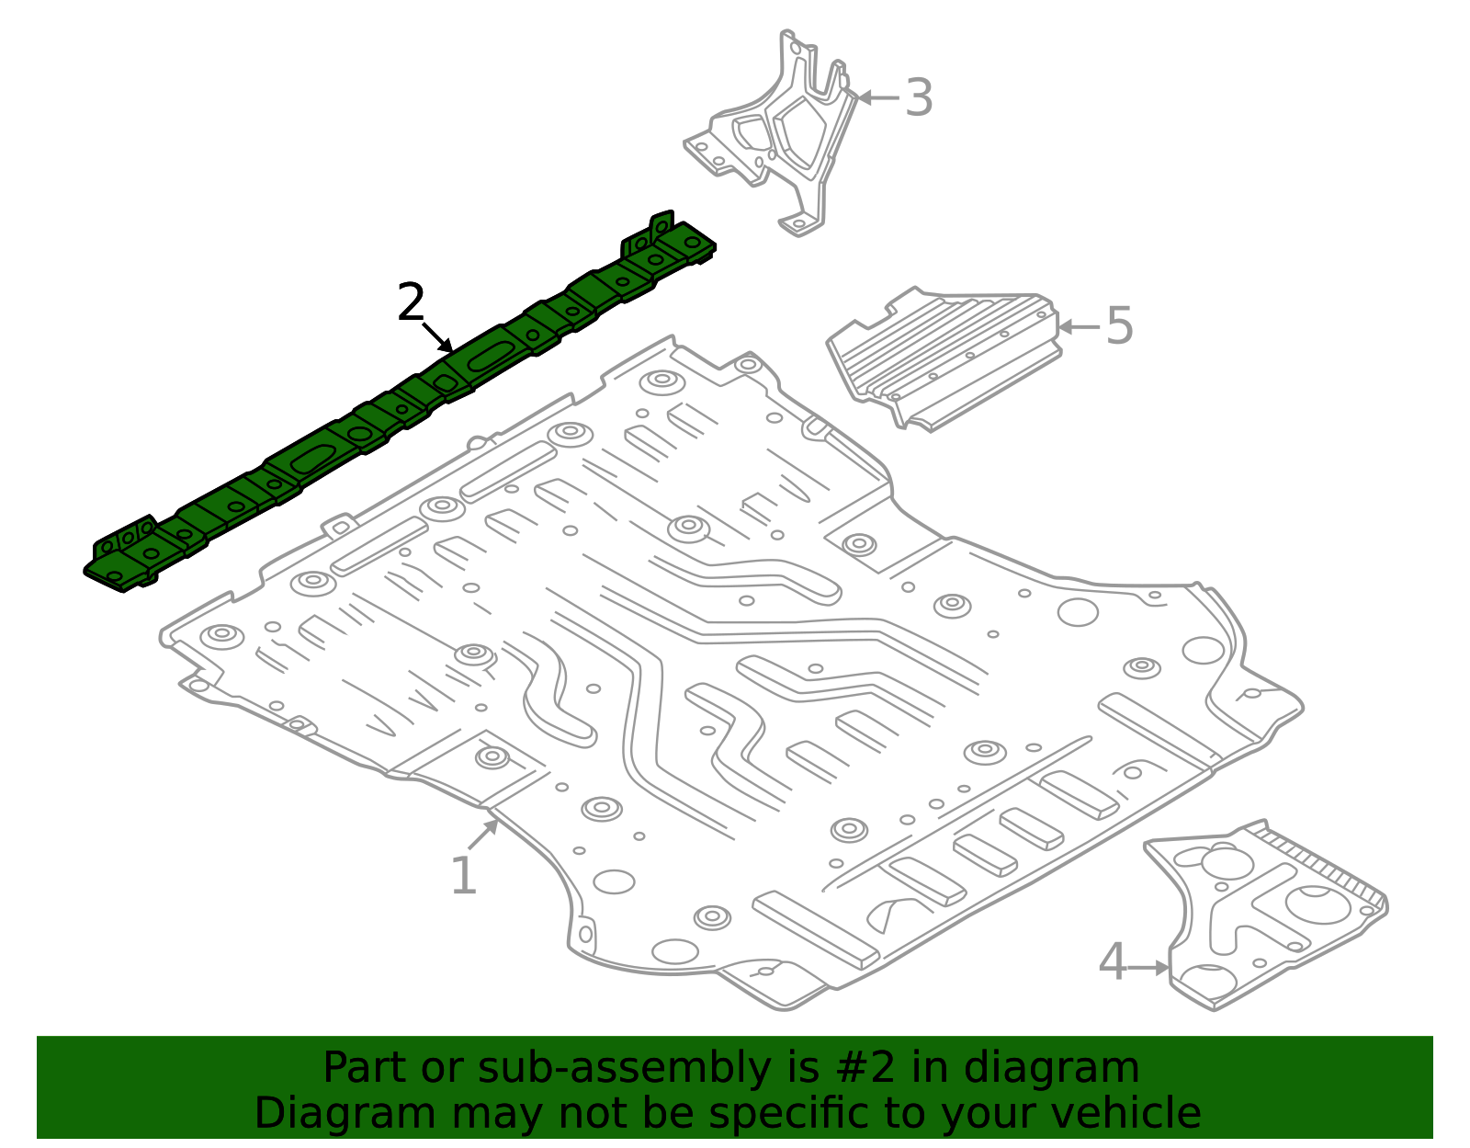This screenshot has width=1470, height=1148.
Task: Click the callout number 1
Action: coord(463,875)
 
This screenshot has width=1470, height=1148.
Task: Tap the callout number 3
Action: coord(919,97)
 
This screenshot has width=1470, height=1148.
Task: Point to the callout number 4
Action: coord(1114,961)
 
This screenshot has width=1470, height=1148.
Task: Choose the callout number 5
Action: coord(1120,325)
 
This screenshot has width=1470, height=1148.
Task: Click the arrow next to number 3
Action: coord(878,97)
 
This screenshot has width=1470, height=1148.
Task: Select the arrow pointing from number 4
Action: coord(1149,968)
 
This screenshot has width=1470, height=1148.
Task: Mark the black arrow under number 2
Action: coord(437,337)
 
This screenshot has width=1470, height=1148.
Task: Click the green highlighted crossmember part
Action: coord(399,402)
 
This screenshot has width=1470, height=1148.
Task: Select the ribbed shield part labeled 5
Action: coord(944,358)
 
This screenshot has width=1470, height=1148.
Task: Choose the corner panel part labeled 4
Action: coord(1265,916)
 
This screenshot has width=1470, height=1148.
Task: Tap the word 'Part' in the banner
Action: coord(366,1068)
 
